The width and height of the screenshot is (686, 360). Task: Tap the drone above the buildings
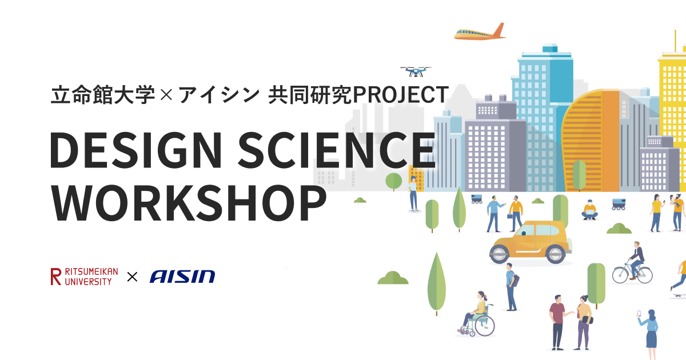tap(416, 71)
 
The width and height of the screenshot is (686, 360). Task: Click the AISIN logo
tap(182, 277)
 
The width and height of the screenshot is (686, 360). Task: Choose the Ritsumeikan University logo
tap(84, 277)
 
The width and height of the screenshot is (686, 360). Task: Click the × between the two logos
tap(132, 277)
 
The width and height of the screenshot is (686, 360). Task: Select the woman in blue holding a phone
tap(649, 334)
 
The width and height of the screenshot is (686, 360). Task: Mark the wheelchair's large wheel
tap(485, 326)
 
